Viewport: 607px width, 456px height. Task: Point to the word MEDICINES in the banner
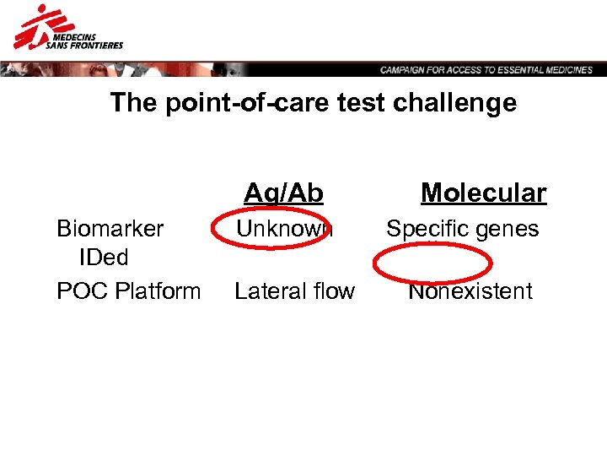coord(567,70)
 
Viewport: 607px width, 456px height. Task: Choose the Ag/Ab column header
coord(283,193)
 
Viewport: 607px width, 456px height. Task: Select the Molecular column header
coord(483,193)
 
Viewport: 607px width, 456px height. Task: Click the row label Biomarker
coord(110,229)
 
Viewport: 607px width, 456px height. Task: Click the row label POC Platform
coord(128,291)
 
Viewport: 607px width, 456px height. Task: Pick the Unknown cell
coord(284,229)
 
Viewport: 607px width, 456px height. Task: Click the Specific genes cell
coord(462,229)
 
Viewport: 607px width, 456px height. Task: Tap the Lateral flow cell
coord(294,291)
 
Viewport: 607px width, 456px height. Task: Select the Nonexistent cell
coord(470,291)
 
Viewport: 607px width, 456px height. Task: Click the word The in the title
coord(132,103)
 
